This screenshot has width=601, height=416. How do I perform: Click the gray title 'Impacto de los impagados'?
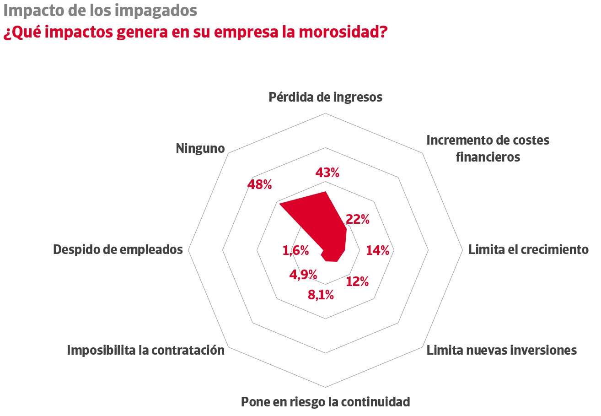(100, 10)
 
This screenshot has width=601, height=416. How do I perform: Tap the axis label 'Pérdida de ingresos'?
(325, 97)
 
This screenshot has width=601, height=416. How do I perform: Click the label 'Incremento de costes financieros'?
(488, 148)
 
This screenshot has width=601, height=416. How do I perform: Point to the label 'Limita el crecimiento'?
(528, 249)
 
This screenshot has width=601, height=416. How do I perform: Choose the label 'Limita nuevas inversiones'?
(502, 351)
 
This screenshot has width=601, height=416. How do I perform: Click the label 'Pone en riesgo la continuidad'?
(325, 402)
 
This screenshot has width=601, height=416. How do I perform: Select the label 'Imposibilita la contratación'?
(146, 351)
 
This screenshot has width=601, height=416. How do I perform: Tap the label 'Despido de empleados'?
(118, 249)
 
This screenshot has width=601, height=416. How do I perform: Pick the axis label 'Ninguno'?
(200, 149)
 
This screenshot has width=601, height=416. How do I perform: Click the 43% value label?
(327, 173)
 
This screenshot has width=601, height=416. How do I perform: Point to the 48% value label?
(259, 184)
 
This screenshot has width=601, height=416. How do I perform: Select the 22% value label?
(358, 219)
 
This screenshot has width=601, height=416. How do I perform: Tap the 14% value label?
(377, 250)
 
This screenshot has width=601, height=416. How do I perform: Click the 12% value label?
(357, 281)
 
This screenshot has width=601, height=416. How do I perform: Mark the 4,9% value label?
(303, 275)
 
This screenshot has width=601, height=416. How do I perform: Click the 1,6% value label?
(295, 250)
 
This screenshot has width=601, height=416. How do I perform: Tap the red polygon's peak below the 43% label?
(326, 193)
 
